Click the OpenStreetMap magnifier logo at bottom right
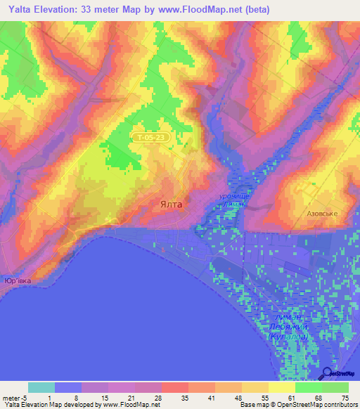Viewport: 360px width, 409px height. (x=328, y=375)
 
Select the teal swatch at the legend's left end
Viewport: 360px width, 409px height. (x=41, y=387)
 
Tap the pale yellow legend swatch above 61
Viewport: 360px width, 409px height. (x=282, y=387)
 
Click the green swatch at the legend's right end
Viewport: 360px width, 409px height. (x=335, y=387)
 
